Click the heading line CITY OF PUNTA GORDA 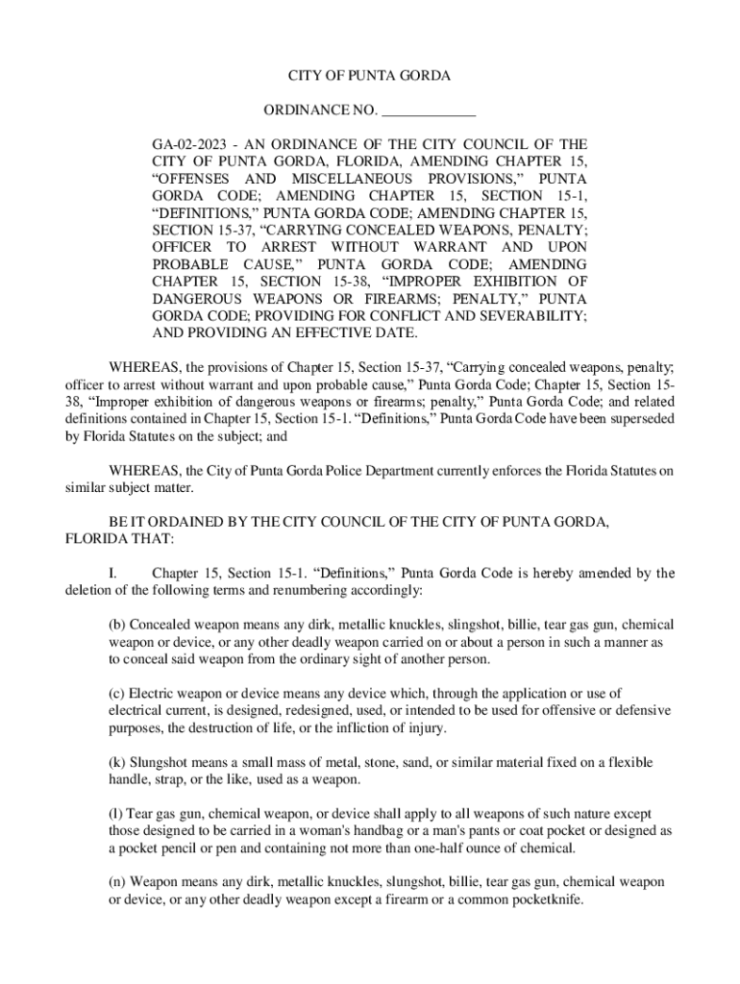tap(369, 75)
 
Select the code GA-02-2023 tap(188, 145)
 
